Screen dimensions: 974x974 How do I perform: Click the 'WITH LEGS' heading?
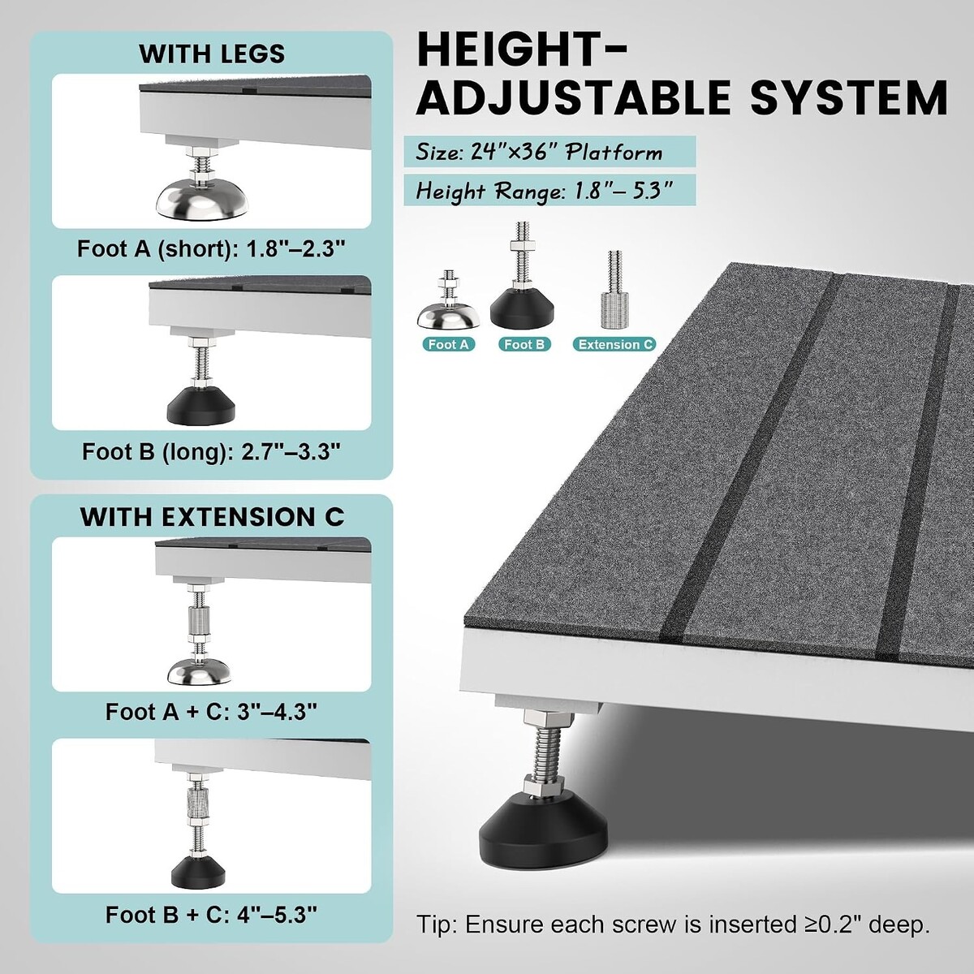click(x=212, y=54)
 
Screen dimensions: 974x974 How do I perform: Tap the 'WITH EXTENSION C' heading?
click(x=213, y=517)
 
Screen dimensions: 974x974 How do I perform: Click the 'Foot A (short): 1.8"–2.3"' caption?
click(x=211, y=250)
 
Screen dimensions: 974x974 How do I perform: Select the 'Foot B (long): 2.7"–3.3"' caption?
click(x=211, y=452)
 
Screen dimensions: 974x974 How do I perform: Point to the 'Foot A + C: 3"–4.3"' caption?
click(x=211, y=712)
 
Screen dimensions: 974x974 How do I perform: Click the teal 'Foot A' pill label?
click(x=448, y=345)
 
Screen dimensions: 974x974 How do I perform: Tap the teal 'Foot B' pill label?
click(x=524, y=345)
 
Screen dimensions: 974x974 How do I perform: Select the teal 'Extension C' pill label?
click(x=614, y=345)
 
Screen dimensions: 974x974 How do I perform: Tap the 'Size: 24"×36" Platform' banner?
click(x=549, y=152)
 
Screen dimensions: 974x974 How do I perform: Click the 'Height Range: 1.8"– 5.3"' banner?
click(x=549, y=191)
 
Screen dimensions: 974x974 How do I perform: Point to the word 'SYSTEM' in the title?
click(x=849, y=97)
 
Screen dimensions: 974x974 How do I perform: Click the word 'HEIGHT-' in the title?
click(x=522, y=50)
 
